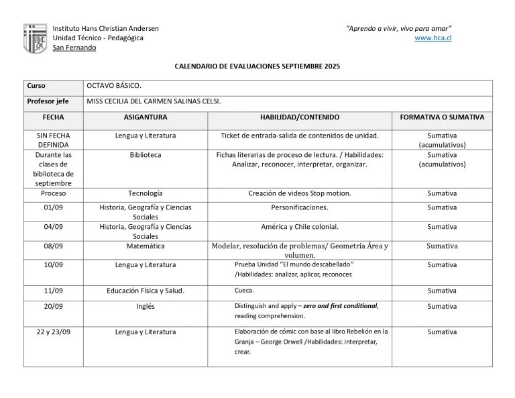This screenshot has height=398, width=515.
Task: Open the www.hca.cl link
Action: point(433,38)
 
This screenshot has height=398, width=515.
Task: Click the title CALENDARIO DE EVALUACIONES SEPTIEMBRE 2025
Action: point(257,67)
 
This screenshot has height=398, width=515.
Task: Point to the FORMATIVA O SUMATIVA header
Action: point(441,117)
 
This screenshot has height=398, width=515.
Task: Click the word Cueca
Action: point(244,291)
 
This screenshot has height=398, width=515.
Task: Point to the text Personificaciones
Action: point(300,207)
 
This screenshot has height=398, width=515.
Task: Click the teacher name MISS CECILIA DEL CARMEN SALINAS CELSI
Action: point(154,101)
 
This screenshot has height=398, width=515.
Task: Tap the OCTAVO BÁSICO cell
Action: point(114,86)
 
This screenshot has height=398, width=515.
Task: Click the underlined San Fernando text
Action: point(74,48)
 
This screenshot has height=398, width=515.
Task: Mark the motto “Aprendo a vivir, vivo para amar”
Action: point(398,28)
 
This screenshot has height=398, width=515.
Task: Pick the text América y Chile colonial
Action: point(300,227)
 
